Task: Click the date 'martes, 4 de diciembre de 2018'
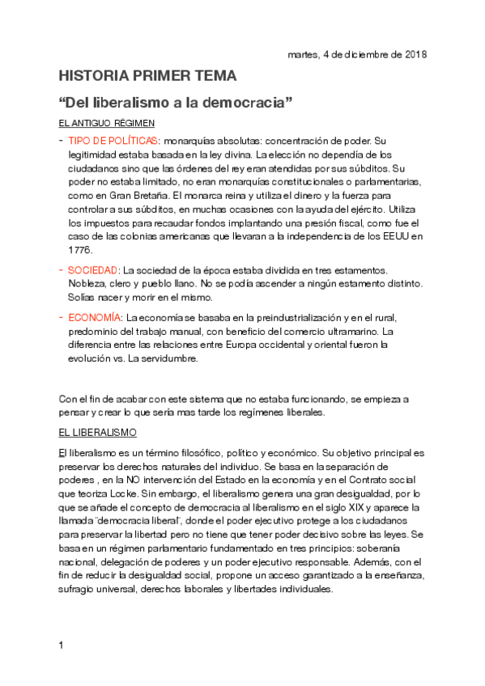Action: [x=357, y=54]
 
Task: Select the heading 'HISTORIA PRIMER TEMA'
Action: [x=147, y=77]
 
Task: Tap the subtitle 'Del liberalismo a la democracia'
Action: [x=175, y=104]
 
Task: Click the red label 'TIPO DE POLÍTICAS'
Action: [x=113, y=140]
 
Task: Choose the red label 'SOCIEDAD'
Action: [x=93, y=269]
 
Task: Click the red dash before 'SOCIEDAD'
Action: [x=62, y=269]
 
